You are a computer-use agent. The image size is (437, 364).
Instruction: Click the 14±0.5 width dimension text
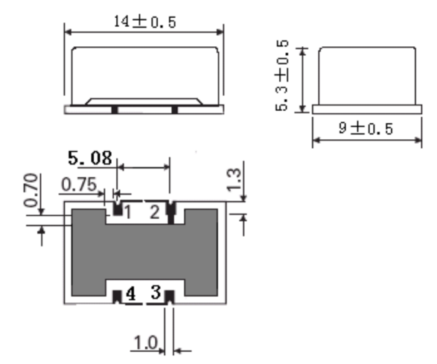click(145, 22)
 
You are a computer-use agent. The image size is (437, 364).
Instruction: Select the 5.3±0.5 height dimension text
click(284, 77)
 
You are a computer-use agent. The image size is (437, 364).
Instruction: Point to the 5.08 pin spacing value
click(90, 157)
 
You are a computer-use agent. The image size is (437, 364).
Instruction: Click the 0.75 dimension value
click(78, 183)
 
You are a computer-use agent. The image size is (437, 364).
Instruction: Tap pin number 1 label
click(128, 213)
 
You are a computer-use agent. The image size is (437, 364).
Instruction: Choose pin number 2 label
click(154, 212)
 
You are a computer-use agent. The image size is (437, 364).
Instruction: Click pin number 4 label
click(130, 294)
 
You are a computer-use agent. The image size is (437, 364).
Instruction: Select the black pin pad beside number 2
click(170, 211)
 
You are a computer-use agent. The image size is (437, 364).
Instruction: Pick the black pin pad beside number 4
click(117, 297)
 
